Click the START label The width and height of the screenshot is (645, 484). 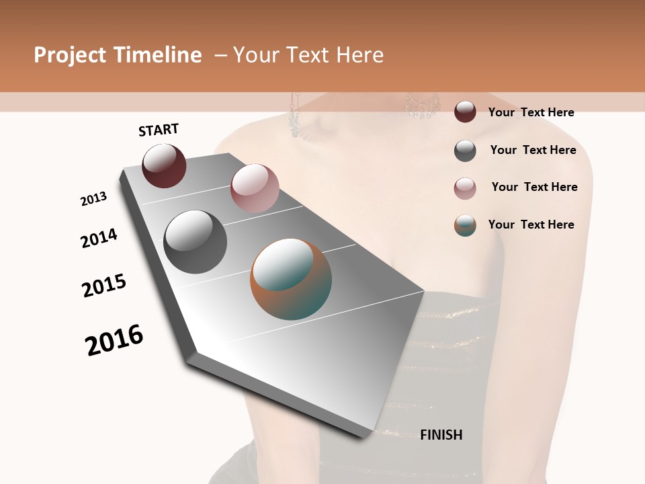pos(159,130)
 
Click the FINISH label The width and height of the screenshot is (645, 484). pos(441,435)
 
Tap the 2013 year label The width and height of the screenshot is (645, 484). pos(93,199)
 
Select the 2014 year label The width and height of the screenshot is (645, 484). pos(99,238)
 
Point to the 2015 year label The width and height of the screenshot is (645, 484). pos(104,286)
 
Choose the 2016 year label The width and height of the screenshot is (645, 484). pos(114,340)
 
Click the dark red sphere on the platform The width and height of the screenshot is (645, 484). pos(164,165)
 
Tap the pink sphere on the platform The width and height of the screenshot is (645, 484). pos(255,188)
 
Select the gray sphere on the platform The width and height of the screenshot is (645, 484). pos(195,241)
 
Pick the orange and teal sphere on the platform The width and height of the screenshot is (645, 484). pos(291,279)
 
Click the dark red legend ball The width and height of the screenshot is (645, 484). pos(465,112)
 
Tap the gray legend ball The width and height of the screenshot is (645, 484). pos(465,151)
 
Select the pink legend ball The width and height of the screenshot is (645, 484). pos(465,188)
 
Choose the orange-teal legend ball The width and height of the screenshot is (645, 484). pos(465,225)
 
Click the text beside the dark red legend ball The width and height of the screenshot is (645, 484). pos(531,112)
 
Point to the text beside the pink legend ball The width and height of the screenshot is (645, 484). pos(534,187)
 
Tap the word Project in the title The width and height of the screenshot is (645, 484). pos(71,55)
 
